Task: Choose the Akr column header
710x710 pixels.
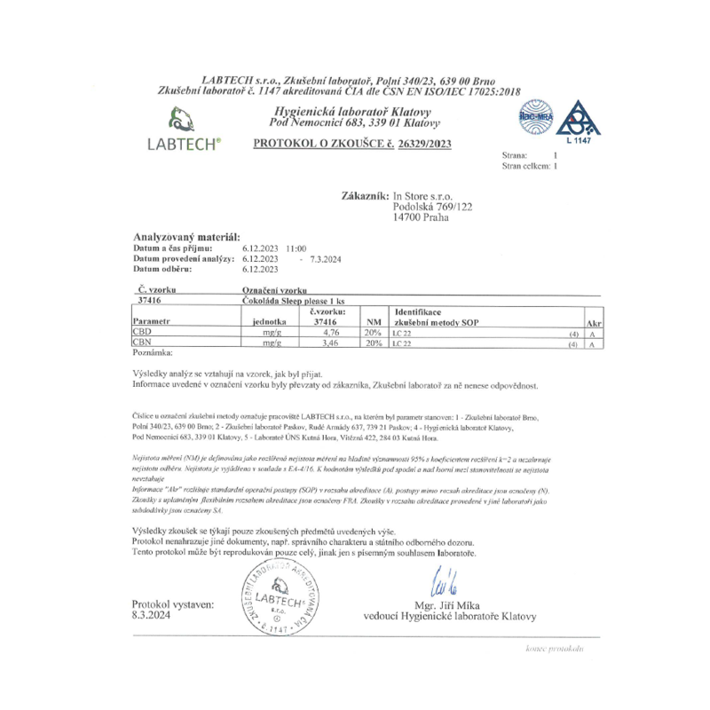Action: point(595,323)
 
